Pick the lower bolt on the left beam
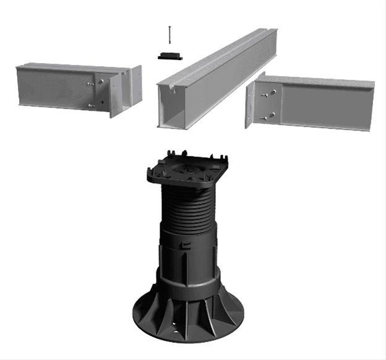pyautogui.click(x=92, y=106)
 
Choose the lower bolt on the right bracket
pyautogui.click(x=266, y=116)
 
